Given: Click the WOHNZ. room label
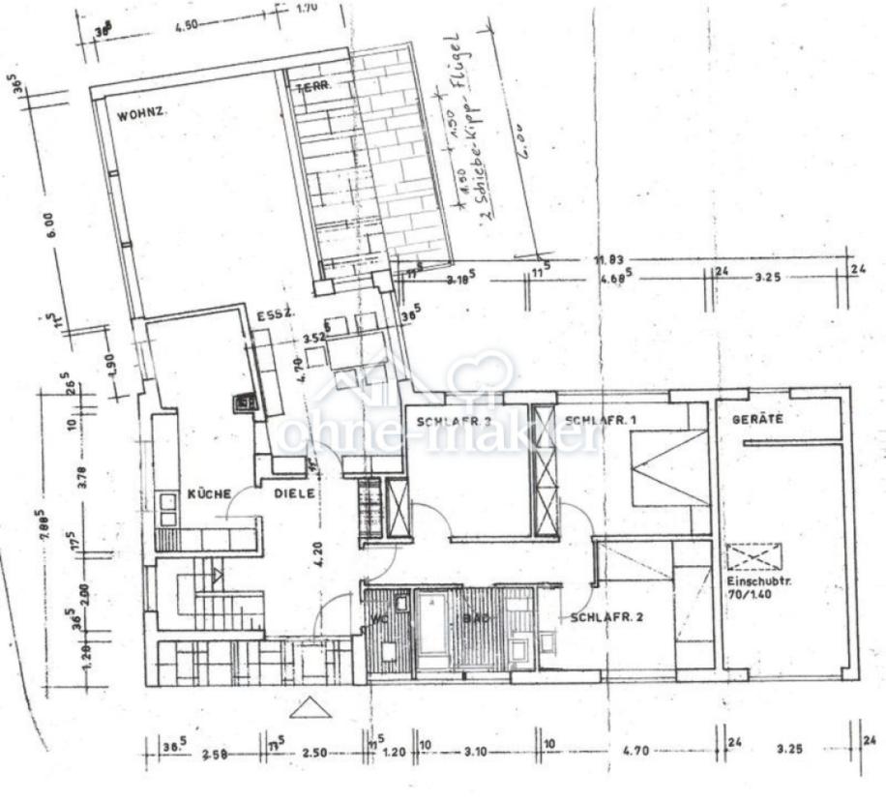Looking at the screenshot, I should (141, 115).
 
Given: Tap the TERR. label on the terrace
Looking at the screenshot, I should (313, 87).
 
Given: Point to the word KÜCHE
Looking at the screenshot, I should (209, 493).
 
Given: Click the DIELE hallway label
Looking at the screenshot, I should (293, 493).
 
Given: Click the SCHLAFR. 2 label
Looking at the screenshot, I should (607, 617).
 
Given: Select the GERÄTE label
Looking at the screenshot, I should (757, 420).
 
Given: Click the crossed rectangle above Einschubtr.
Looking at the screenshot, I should (755, 556).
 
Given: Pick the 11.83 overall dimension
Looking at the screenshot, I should (610, 258).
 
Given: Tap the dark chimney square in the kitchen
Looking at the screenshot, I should (245, 403).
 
